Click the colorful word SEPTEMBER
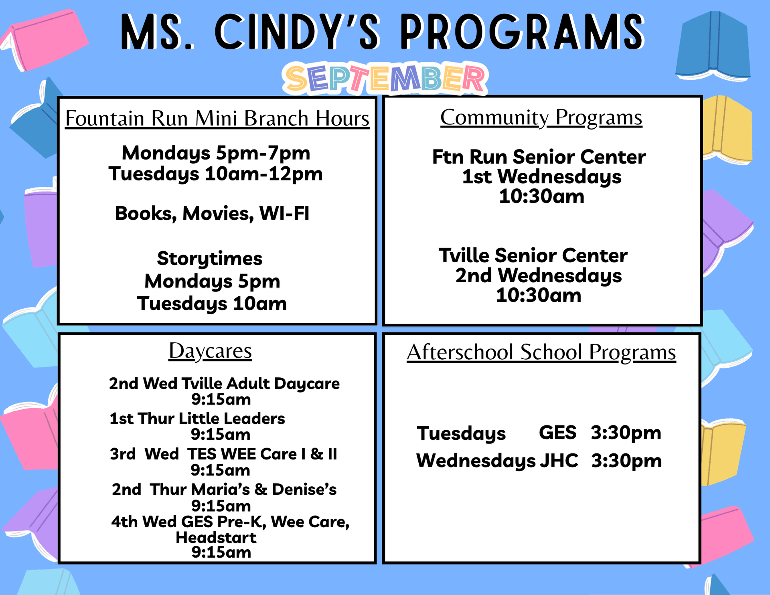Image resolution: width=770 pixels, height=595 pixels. click(x=385, y=79)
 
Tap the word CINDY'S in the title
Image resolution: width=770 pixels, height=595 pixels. click(x=297, y=32)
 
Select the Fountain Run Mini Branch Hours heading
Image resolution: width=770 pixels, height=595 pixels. click(x=217, y=119)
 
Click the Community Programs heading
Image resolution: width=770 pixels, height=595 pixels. click(x=541, y=118)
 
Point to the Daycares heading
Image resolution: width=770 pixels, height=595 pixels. click(x=210, y=351)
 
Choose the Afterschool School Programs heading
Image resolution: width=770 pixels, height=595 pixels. click(x=541, y=352)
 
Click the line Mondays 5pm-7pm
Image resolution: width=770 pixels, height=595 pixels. click(x=216, y=153)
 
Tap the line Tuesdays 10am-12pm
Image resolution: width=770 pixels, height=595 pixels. click(x=216, y=174)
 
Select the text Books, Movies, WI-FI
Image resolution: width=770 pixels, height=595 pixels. click(x=212, y=213)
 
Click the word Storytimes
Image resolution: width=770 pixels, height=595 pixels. click(x=210, y=259)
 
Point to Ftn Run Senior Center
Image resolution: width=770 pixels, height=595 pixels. click(x=539, y=157)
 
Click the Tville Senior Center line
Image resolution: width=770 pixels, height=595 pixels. click(x=533, y=255)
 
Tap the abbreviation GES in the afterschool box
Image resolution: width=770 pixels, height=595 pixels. click(x=557, y=433)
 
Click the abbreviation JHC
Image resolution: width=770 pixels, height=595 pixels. click(x=559, y=461)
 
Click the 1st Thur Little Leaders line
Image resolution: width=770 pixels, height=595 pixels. click(x=197, y=419)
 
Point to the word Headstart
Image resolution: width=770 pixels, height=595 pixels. click(x=216, y=538)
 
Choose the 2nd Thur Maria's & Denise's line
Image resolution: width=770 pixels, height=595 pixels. click(x=224, y=490)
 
